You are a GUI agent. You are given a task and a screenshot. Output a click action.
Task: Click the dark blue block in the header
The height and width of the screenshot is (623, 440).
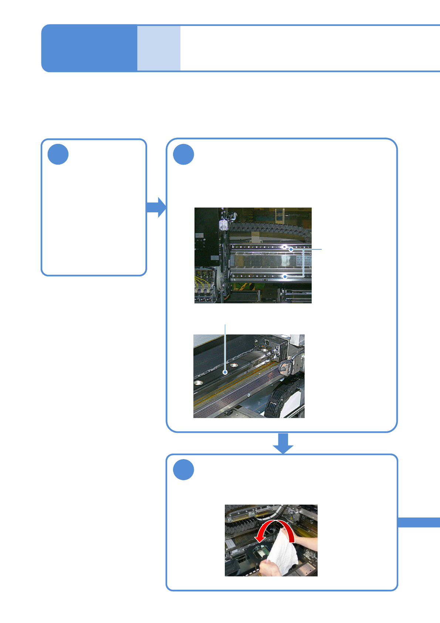pyautogui.click(x=89, y=48)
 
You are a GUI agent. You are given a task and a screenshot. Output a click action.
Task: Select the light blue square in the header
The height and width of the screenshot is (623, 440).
pyautogui.click(x=159, y=48)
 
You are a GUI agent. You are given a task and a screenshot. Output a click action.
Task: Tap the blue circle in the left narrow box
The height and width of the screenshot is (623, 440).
pyautogui.click(x=58, y=154)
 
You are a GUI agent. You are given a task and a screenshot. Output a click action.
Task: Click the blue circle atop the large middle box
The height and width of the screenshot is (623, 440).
pyautogui.click(x=183, y=154)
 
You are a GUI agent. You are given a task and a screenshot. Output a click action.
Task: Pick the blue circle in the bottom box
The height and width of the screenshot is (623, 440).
pyautogui.click(x=183, y=470)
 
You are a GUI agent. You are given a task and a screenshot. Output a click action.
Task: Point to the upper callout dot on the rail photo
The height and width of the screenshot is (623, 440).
pyautogui.click(x=291, y=249)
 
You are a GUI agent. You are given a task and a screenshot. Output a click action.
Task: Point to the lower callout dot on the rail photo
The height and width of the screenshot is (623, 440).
pyautogui.click(x=285, y=276)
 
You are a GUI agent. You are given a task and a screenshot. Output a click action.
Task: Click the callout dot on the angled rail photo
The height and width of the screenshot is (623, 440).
pyautogui.click(x=225, y=372)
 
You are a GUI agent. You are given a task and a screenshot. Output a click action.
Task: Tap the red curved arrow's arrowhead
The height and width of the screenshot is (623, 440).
pyautogui.click(x=260, y=538)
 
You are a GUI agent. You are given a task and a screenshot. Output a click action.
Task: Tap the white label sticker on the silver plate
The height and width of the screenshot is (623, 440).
pyautogui.click(x=304, y=260)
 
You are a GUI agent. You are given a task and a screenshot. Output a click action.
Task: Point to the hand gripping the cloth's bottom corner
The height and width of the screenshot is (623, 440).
pyautogui.click(x=269, y=568)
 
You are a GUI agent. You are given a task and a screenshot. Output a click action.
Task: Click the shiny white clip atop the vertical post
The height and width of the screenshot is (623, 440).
pyautogui.click(x=223, y=225)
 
